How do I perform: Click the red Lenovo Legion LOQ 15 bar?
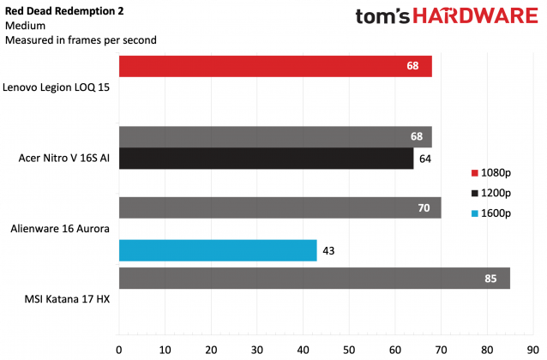[x=274, y=67]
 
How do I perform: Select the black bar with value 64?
[x=266, y=159]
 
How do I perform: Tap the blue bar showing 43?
[x=218, y=249]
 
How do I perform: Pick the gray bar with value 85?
[x=314, y=279]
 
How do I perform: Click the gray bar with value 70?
[x=280, y=207]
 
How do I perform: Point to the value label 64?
[x=425, y=159]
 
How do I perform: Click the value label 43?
[x=328, y=249]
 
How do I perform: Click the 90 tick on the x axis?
[x=533, y=349]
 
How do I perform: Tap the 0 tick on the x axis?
[x=119, y=349]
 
